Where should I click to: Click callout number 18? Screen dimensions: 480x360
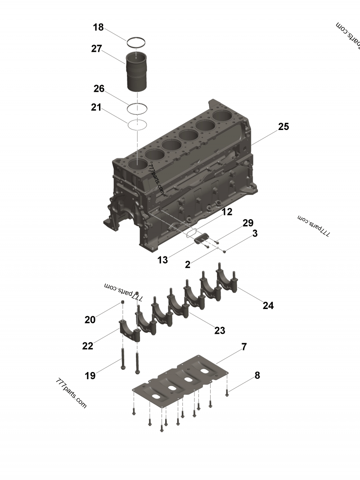point(98,27)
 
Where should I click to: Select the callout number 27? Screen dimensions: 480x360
point(96,49)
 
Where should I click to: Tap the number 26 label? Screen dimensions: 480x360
point(99,89)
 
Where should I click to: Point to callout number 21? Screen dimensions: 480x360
point(96,107)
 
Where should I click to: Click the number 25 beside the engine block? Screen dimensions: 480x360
point(283,126)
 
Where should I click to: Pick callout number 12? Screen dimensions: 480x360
point(227,211)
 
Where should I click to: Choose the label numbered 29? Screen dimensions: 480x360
point(248,223)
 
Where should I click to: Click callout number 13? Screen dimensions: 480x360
point(162,260)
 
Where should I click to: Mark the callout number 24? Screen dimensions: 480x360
point(268,305)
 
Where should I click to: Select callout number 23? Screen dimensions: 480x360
point(220,331)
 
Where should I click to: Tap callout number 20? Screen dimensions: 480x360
point(90,320)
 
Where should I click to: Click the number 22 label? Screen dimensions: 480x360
point(88,345)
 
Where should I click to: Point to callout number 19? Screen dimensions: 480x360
point(90,376)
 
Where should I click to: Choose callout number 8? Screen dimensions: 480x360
point(257,375)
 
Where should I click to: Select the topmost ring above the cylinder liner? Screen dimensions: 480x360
point(136,43)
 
